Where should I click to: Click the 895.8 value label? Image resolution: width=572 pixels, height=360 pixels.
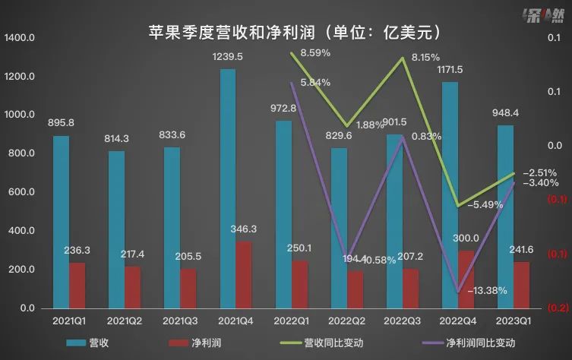(60, 123)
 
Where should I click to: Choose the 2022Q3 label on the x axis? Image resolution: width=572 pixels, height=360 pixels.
(403, 321)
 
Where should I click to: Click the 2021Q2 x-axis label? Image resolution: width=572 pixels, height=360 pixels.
(125, 321)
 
